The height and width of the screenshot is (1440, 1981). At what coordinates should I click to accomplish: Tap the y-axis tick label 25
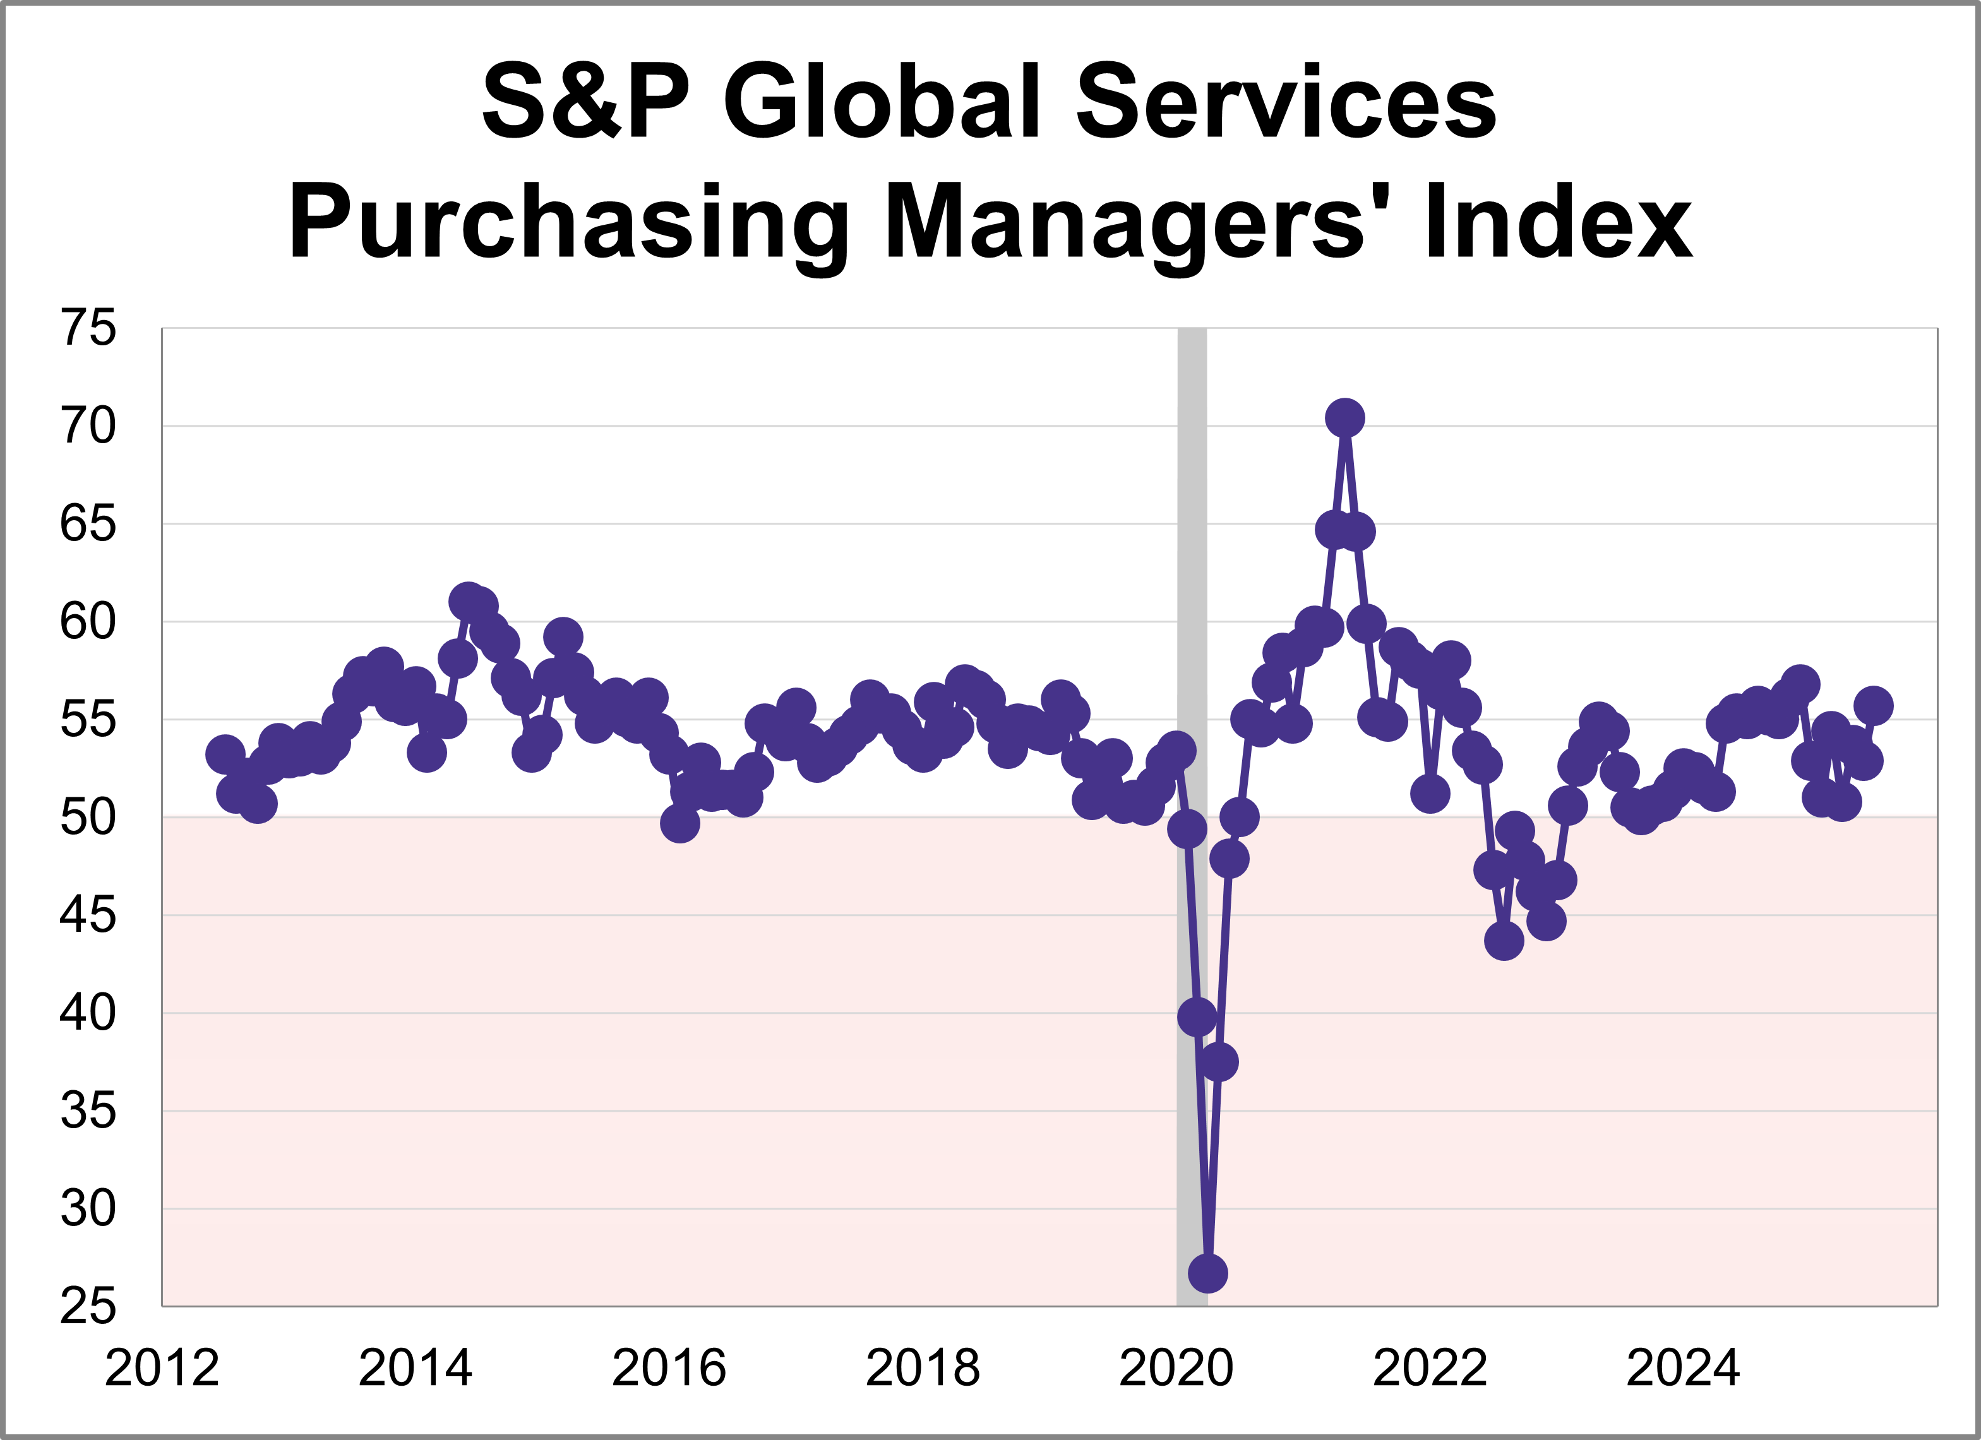coord(87,1307)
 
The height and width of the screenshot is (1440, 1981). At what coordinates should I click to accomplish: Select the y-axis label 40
coord(87,1014)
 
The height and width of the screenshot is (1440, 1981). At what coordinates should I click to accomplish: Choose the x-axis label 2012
coord(162,1369)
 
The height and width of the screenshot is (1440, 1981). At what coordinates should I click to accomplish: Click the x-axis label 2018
coord(923,1369)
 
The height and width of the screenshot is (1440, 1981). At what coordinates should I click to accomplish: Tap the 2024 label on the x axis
coord(1683,1369)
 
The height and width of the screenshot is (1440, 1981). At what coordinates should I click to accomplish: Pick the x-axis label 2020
coord(1176,1369)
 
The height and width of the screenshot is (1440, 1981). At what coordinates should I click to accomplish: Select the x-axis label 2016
coord(669,1369)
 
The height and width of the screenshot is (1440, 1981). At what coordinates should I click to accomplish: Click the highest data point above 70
coord(1345,419)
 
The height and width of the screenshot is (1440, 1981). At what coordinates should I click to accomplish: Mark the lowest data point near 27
coord(1208,1273)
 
